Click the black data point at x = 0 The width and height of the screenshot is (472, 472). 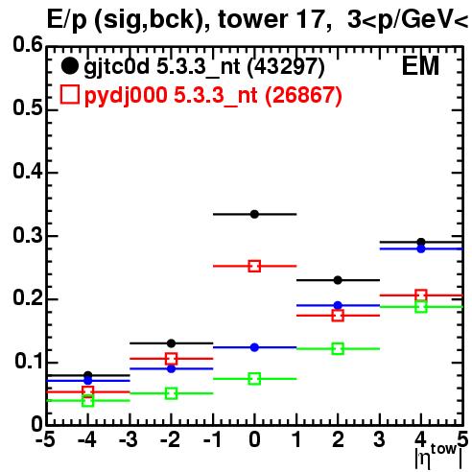pos(254,214)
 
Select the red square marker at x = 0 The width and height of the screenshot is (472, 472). pos(254,266)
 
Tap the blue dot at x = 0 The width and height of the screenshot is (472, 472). pos(254,347)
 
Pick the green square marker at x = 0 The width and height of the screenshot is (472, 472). pos(254,379)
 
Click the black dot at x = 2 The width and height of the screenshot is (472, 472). pos(338,280)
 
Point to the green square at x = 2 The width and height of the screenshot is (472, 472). pos(338,348)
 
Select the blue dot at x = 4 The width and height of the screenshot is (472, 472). pos(421,248)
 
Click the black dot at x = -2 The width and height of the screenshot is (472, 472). pos(171,343)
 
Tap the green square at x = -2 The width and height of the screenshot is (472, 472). pos(171,393)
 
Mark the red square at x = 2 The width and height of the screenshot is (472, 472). pos(338,316)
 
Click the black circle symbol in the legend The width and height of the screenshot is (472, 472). pos(69,66)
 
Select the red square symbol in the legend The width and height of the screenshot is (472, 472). pos(69,94)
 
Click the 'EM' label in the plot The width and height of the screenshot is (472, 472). pos(420,66)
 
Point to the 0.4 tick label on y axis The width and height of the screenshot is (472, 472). pos(28,171)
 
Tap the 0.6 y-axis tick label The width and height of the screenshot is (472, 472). pos(28,44)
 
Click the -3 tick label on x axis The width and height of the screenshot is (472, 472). pos(129,439)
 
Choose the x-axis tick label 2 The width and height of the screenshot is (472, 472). pos(338,439)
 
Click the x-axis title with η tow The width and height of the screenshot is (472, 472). pos(438,457)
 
